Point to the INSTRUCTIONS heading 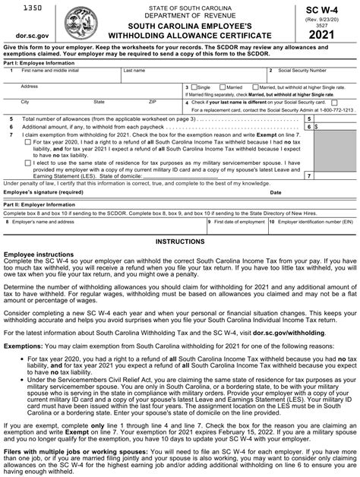click(179, 240)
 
